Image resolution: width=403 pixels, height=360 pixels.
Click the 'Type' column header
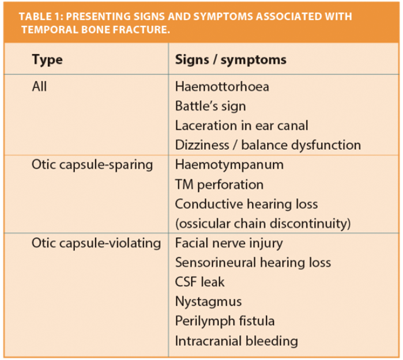click(x=47, y=60)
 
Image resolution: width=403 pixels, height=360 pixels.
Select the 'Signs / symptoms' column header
click(x=231, y=60)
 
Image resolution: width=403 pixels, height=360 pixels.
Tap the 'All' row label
click(x=39, y=86)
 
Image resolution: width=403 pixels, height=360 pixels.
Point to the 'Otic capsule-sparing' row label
click(x=92, y=165)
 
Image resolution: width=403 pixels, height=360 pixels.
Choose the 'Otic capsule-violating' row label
click(x=96, y=243)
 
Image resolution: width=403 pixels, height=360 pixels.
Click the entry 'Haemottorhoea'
click(x=222, y=86)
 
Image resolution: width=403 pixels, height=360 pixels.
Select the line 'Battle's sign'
click(x=210, y=107)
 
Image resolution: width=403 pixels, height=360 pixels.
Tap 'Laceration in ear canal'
click(x=242, y=126)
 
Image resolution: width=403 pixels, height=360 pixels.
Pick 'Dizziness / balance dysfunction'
click(x=268, y=145)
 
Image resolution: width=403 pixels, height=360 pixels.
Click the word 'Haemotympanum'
click(x=229, y=165)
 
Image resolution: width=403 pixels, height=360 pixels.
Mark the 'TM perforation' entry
click(x=219, y=185)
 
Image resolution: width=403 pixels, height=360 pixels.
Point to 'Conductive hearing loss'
click(x=247, y=204)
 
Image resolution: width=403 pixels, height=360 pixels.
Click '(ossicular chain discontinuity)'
click(x=263, y=223)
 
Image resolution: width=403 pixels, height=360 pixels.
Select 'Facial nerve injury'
click(x=229, y=244)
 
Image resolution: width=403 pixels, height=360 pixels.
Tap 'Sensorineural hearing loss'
click(x=253, y=263)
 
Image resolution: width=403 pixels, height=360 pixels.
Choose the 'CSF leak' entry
click(x=199, y=282)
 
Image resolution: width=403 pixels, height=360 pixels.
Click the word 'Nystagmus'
click(x=209, y=302)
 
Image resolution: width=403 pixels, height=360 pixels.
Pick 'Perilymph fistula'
click(x=225, y=321)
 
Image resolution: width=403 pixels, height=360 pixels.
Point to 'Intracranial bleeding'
click(x=236, y=341)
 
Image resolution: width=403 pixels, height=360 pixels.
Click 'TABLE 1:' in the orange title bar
click(x=41, y=17)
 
